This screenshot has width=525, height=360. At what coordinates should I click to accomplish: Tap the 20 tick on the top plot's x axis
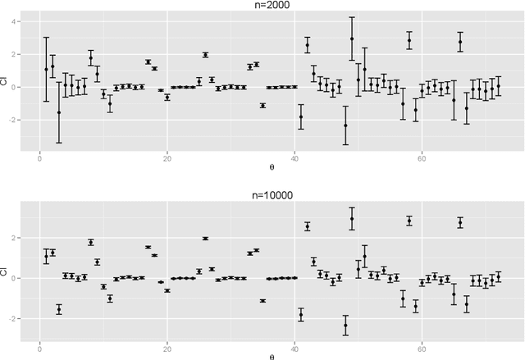[x=167, y=159]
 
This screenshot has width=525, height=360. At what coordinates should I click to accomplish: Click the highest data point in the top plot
[x=352, y=39]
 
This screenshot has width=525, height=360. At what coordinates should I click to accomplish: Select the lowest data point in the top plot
[x=345, y=125]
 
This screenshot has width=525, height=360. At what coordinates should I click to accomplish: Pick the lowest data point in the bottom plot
[x=345, y=326]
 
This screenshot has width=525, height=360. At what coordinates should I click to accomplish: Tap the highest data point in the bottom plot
[x=352, y=218]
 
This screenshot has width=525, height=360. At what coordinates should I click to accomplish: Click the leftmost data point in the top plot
[x=46, y=70]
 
